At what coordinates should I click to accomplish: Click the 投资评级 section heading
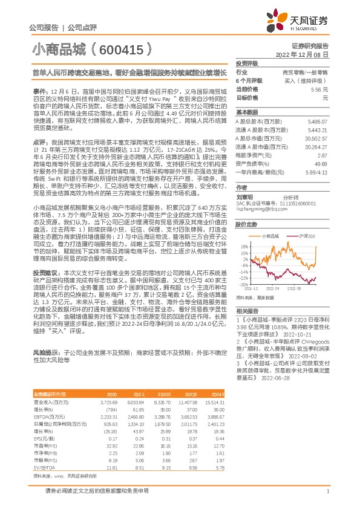click(x=247, y=63)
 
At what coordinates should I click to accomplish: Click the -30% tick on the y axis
click(x=243, y=284)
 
